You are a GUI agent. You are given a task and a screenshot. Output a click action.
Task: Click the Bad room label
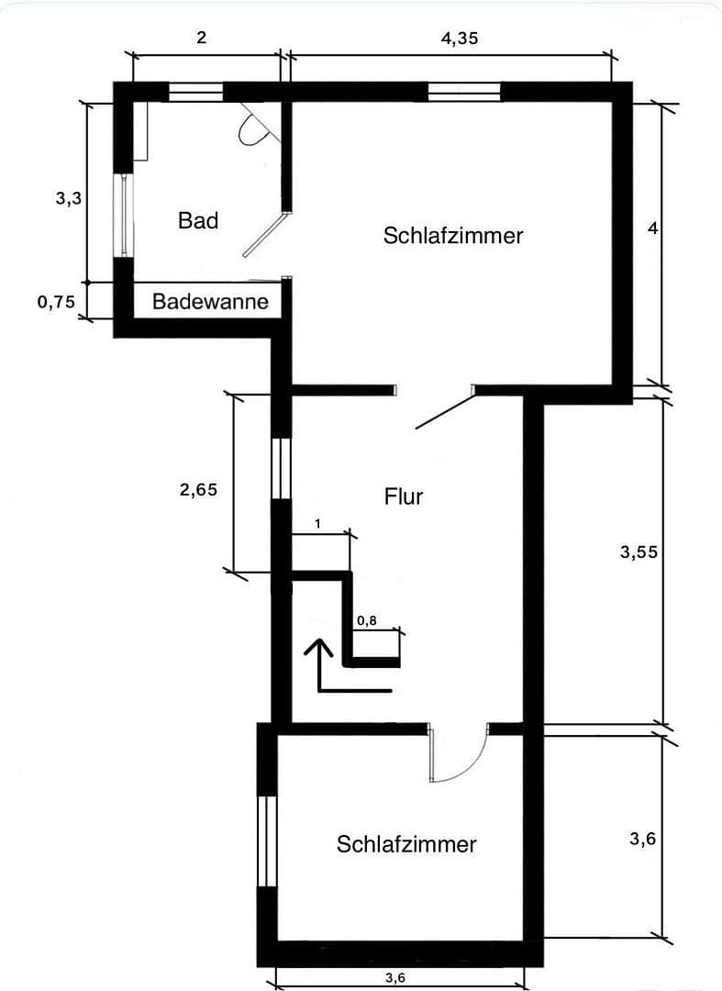click(198, 220)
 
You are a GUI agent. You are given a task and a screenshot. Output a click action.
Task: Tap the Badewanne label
click(210, 301)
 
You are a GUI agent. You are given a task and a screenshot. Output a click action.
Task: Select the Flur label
click(404, 496)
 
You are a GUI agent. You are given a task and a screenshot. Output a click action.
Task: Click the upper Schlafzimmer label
click(453, 235)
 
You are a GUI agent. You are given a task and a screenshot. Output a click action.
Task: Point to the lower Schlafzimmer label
click(406, 844)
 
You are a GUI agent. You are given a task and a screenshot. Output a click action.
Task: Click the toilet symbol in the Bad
click(252, 130)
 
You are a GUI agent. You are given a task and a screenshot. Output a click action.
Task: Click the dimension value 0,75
click(56, 302)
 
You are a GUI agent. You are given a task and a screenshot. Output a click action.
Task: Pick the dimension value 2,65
click(198, 490)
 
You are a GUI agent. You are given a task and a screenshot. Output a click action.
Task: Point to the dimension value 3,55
click(639, 552)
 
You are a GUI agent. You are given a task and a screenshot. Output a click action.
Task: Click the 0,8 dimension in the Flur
click(367, 621)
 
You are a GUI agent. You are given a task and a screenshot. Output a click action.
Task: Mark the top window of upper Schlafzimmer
click(464, 92)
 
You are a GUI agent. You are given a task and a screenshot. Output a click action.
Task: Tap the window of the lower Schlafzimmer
click(267, 841)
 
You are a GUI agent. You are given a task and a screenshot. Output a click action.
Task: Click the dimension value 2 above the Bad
click(202, 39)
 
